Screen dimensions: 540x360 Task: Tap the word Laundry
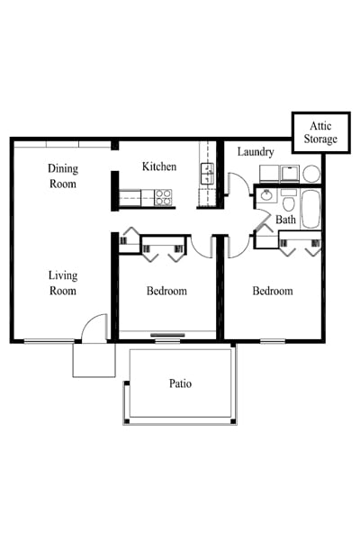coord(256,152)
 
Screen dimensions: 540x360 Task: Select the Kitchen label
coord(159,167)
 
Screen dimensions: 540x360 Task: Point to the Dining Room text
coord(63,176)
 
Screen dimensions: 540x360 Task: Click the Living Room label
coord(63,283)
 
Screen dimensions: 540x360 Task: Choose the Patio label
coord(181,384)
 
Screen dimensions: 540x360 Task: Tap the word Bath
coord(285,220)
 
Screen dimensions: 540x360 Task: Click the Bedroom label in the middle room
coord(166,292)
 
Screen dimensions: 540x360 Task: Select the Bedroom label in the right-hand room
coord(272,292)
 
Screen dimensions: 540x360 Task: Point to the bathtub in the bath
coord(310,210)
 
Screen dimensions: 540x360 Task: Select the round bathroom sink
coord(266,196)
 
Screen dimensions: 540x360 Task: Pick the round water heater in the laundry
coord(310,173)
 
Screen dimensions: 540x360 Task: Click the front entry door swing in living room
coord(95,328)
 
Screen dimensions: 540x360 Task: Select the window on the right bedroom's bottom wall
coord(273,340)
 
